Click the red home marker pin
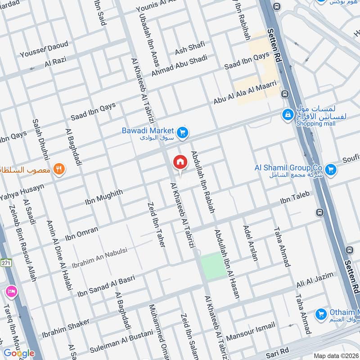(180, 162)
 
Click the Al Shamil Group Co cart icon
(331, 170)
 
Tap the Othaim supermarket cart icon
(321, 314)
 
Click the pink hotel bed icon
(11, 292)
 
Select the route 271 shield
(5, 263)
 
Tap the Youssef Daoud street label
(44, 49)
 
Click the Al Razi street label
(55, 63)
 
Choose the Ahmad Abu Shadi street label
(179, 65)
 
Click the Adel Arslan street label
(251, 243)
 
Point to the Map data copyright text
(335, 355)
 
